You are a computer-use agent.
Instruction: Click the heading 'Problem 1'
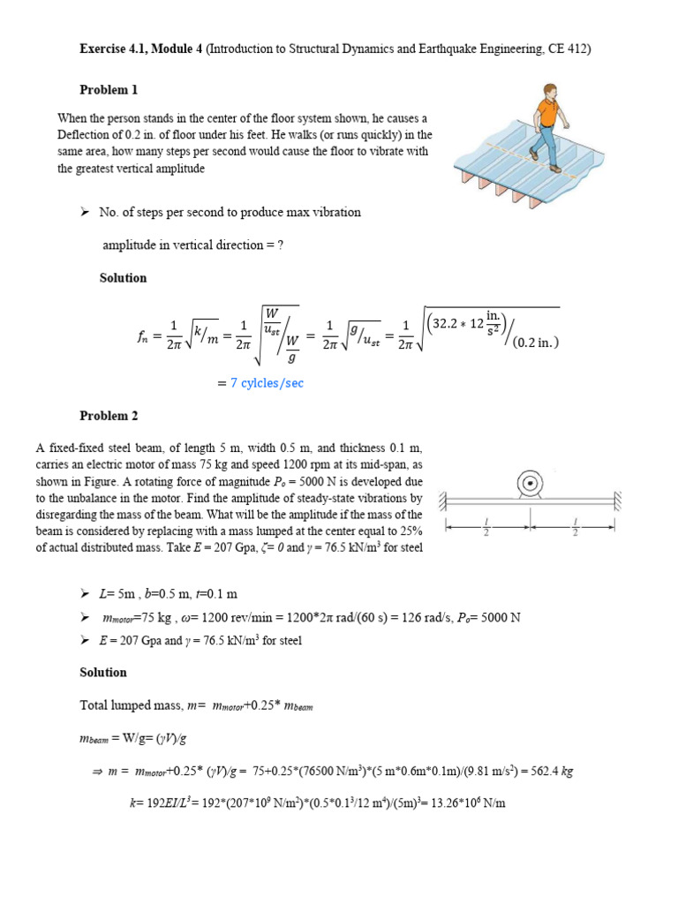click(109, 90)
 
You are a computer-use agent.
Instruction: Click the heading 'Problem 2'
click(109, 416)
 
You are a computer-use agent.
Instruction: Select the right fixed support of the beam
click(620, 501)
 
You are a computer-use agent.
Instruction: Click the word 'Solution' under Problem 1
click(123, 278)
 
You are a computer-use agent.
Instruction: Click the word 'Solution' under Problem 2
click(103, 673)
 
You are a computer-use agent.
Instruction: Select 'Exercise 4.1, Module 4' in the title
click(141, 49)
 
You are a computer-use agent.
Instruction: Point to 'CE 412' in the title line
click(569, 49)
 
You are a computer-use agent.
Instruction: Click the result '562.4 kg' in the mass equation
click(548, 771)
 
